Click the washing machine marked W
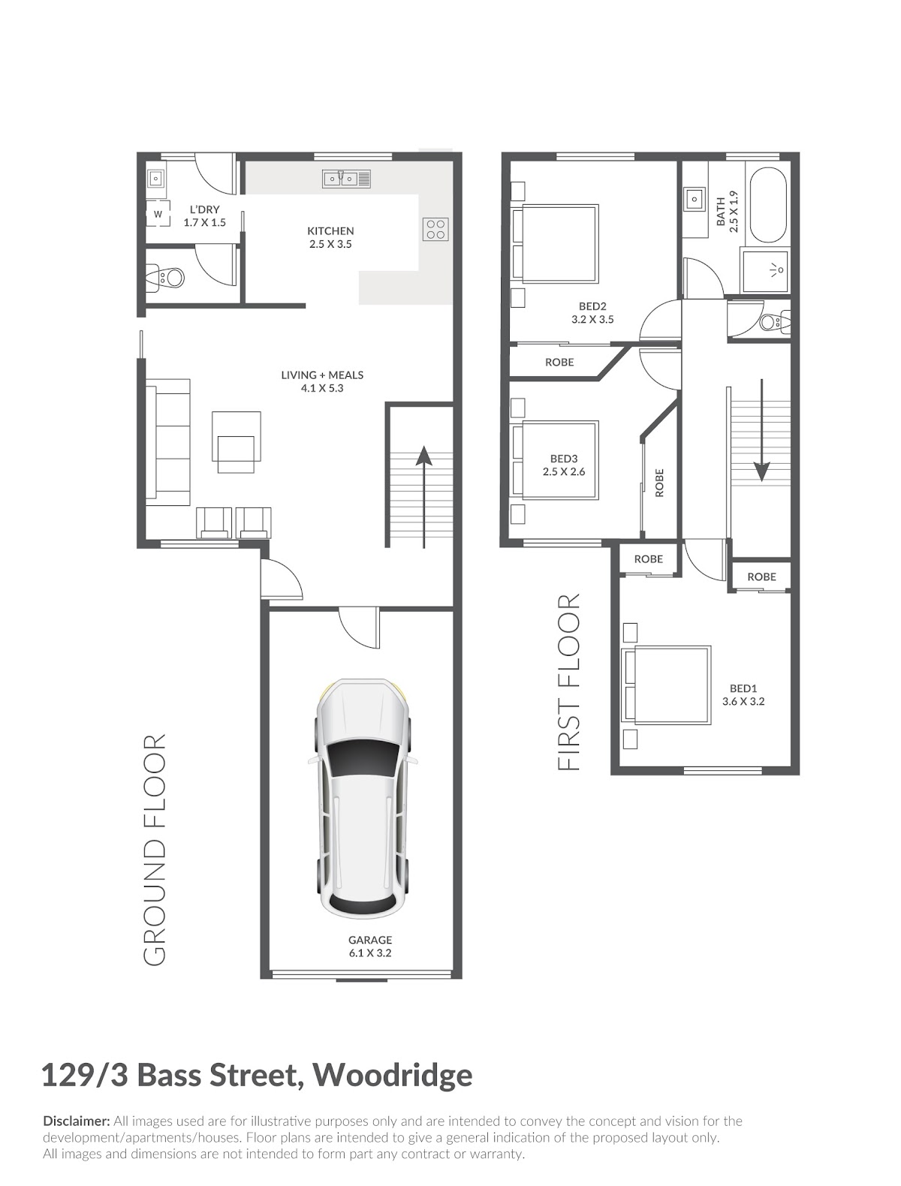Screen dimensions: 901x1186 (158, 213)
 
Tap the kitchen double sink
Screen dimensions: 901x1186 (346, 179)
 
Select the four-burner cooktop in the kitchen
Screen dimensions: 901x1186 (435, 230)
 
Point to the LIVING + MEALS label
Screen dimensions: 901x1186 (322, 381)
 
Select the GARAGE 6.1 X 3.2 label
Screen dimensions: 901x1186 (370, 946)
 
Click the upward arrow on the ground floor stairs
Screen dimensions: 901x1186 (423, 497)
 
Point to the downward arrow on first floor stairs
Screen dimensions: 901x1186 (761, 429)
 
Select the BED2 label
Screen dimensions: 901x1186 (592, 306)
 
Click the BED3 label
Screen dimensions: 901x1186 (564, 459)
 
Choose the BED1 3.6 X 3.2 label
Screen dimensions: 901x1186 (743, 695)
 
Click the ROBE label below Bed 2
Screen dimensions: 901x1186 (559, 362)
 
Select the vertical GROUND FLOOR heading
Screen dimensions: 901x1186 (155, 849)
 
